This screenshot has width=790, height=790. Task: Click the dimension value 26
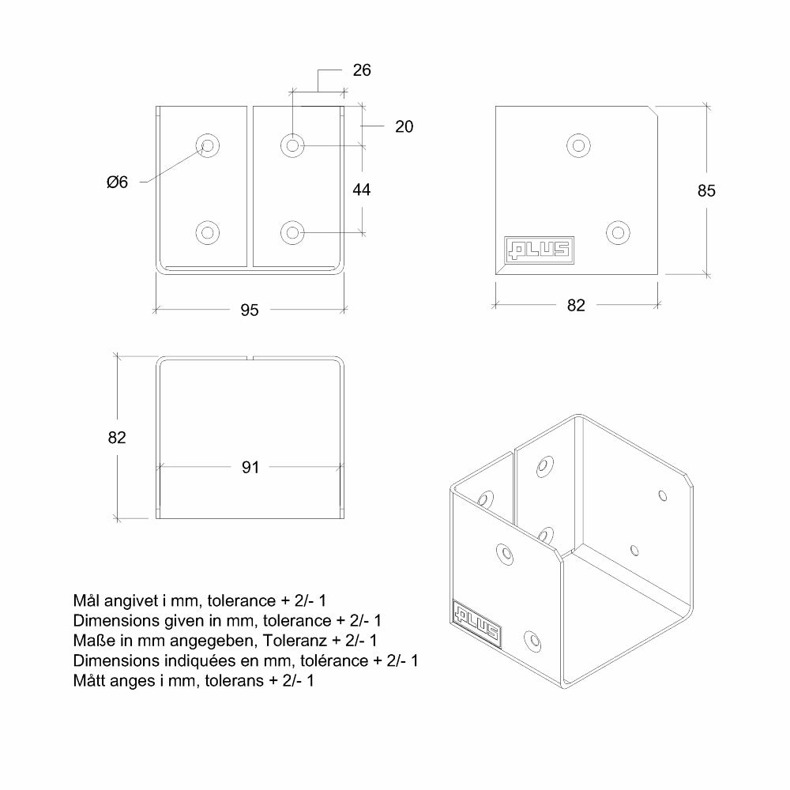(x=362, y=70)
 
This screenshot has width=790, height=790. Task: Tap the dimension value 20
(x=404, y=126)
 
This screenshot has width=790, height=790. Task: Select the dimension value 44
(x=362, y=190)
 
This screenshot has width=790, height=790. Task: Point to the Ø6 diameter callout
(x=118, y=182)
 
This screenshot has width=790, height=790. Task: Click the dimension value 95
(x=250, y=310)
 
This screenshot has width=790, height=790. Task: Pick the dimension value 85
(x=706, y=190)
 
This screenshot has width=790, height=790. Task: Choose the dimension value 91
(x=250, y=467)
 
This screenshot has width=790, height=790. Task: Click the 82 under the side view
(x=576, y=305)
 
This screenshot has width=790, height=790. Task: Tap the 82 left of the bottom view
(x=117, y=438)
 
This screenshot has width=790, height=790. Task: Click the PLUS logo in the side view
(x=539, y=250)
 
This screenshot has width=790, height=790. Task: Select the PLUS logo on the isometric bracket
(x=476, y=624)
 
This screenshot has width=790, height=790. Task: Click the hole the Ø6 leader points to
(x=208, y=145)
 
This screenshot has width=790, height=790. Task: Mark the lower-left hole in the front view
(x=207, y=233)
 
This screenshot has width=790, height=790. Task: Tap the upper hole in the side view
(x=578, y=145)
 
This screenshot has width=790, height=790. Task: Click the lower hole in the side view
(x=618, y=233)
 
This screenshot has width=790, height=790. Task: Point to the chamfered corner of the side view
(x=653, y=111)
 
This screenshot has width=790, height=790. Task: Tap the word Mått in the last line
(x=89, y=680)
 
